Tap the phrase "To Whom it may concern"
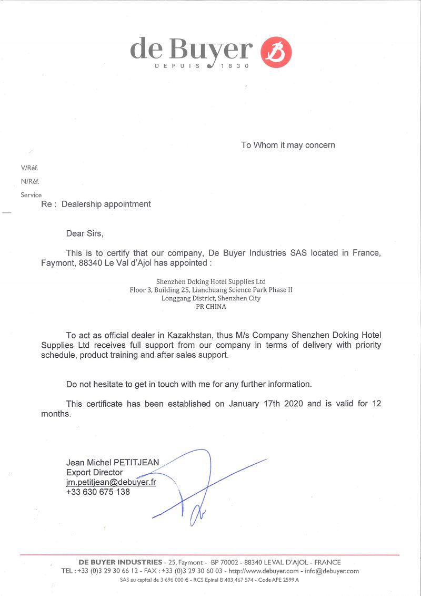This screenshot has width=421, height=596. tap(288, 145)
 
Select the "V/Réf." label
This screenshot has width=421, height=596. tap(29, 168)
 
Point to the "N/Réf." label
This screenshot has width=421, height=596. tap(30, 181)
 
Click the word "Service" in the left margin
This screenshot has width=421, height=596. tap(31, 195)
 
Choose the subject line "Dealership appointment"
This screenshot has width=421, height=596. tap(106, 204)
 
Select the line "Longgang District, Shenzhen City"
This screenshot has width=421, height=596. tap(211, 298)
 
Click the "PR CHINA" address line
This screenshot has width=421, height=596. tap(211, 307)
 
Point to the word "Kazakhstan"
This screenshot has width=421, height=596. tap(192, 335)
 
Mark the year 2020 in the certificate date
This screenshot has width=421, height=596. tap(294, 404)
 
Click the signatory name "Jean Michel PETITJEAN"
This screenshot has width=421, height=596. tap(113, 463)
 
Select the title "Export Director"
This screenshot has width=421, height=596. tap(94, 473)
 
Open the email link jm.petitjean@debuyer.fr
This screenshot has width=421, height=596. tap(111, 482)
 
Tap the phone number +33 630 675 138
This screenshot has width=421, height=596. tap(98, 492)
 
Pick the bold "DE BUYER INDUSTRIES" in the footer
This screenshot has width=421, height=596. tap(121, 562)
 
